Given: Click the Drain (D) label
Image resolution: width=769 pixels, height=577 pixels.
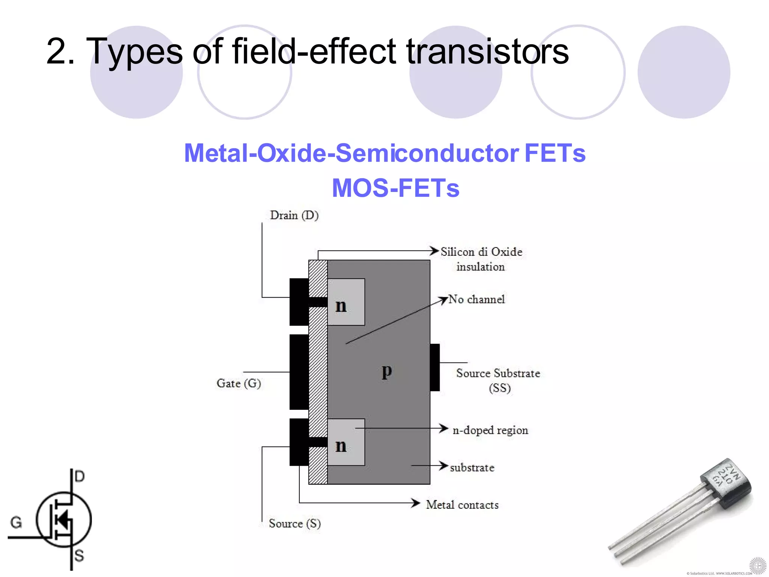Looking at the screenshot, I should point(294,215).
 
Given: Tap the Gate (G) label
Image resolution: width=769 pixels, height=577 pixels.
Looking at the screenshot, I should point(238,383).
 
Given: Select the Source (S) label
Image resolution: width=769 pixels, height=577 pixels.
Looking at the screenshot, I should point(294,523).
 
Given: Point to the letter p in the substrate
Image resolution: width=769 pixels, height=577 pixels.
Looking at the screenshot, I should point(387,371).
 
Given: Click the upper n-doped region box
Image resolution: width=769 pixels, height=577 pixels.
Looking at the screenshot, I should point(346,302).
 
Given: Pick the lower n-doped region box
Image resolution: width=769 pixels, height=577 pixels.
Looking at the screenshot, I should point(346,442).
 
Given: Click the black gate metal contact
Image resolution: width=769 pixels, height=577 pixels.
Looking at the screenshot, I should point(299,372).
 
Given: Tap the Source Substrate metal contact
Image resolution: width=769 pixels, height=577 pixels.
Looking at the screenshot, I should point(435,367).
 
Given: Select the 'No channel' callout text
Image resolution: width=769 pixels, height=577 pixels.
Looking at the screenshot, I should point(476,299).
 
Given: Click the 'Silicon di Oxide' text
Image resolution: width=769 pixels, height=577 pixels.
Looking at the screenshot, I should point(481,252).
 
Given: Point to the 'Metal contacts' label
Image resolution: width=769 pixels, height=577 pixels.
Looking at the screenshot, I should point(462,505).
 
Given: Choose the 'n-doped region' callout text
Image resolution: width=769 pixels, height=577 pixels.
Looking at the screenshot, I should point(490,430).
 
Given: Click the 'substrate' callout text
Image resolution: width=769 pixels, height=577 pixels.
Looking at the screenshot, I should point(472,468).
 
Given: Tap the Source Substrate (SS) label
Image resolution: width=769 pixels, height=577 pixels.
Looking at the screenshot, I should point(498,380).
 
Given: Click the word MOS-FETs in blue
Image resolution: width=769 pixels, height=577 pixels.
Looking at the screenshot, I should point(395,188).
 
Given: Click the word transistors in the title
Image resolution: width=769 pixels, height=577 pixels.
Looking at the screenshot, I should point(487,51).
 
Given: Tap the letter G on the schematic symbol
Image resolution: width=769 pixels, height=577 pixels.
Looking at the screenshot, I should point(16,523).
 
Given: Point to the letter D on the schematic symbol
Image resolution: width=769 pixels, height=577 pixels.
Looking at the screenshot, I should point(80,476).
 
